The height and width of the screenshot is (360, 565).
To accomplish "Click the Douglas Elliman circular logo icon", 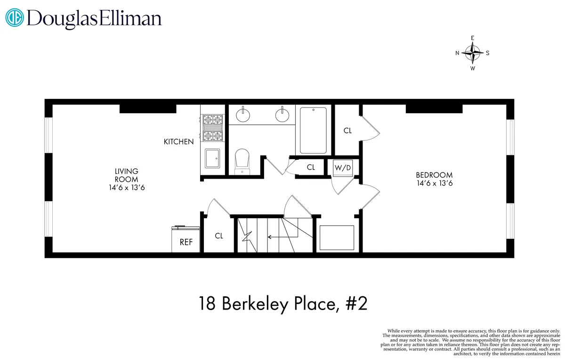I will [14, 18].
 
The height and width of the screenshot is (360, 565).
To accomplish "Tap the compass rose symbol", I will [472, 53].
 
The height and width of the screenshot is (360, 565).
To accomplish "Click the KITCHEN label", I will [178, 141].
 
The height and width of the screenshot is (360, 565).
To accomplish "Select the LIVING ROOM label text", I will [127, 175].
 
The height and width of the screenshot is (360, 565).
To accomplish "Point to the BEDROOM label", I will [435, 175].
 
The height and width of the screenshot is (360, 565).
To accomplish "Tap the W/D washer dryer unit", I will [343, 168].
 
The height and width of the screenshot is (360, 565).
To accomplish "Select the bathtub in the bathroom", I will [313, 130].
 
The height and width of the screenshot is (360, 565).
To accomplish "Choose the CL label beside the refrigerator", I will [219, 236].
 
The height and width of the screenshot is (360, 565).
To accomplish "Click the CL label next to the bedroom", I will [347, 131].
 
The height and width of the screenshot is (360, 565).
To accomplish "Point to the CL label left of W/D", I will [311, 167].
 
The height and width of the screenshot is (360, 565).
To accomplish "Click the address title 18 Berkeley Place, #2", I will [282, 304].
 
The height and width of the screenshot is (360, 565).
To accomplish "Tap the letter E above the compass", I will [473, 38].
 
